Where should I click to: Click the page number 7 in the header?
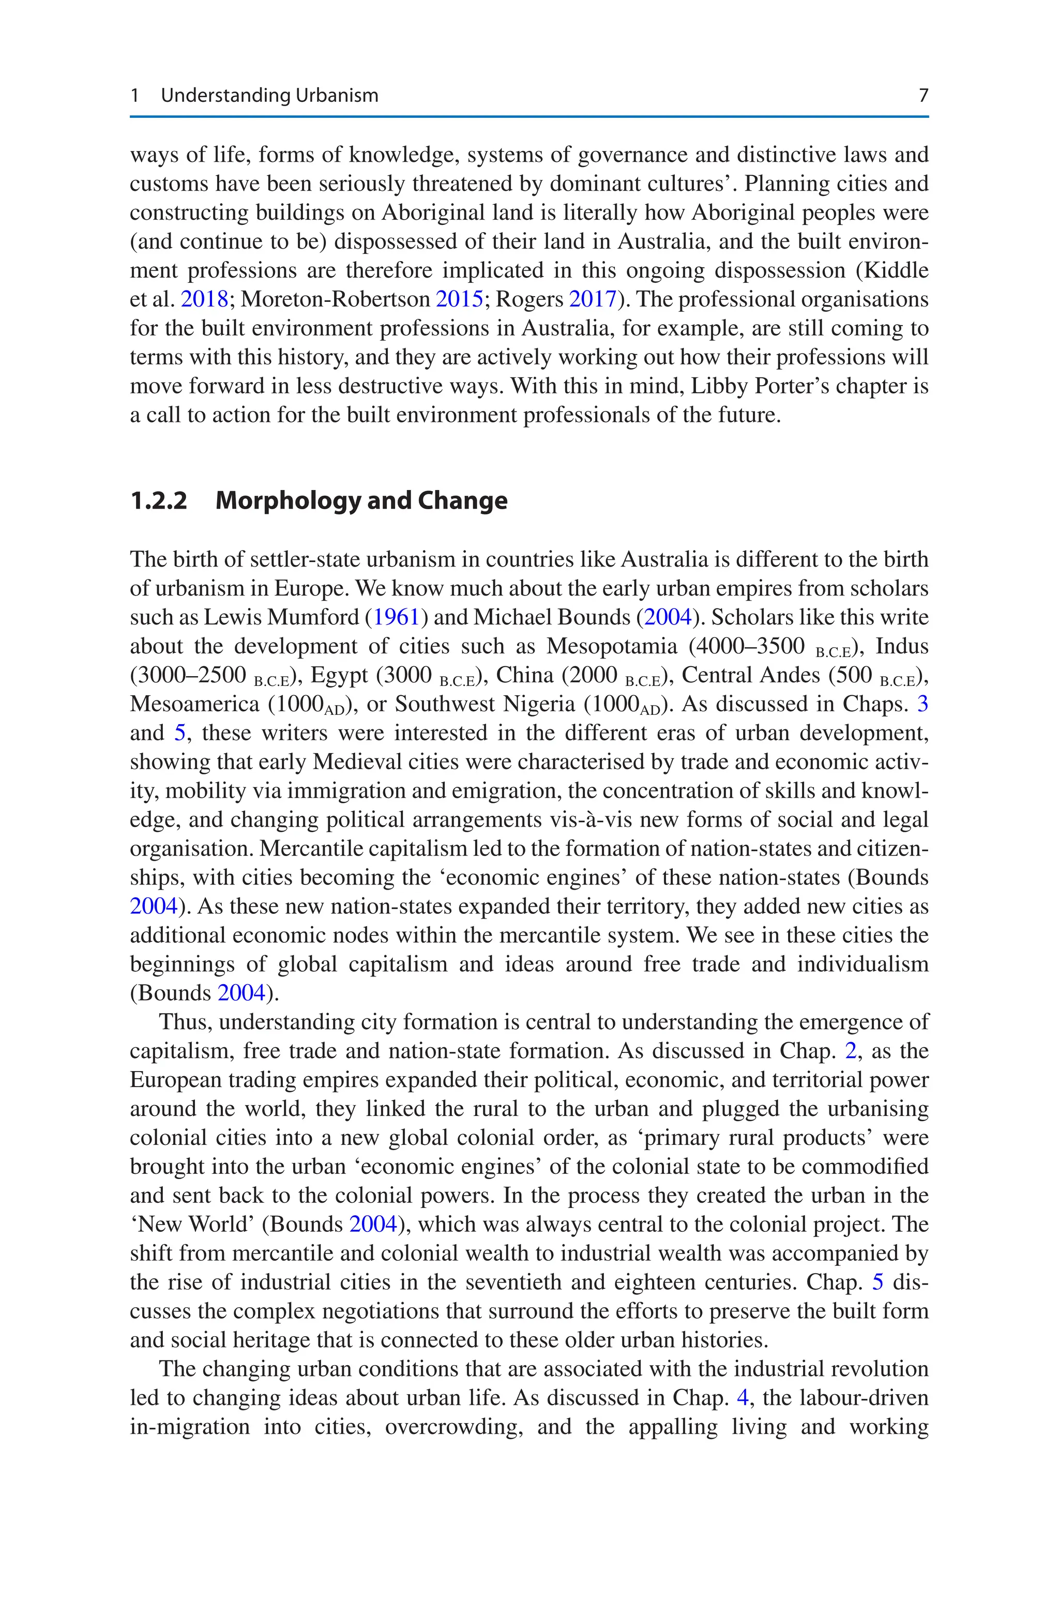pyautogui.click(x=923, y=95)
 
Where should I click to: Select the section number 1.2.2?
pyautogui.click(x=158, y=501)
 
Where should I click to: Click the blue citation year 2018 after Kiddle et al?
pyautogui.click(x=204, y=299)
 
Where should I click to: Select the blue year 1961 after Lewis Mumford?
pyautogui.click(x=397, y=617)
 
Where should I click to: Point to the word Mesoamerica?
pyautogui.click(x=194, y=704)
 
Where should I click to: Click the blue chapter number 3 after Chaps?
pyautogui.click(x=922, y=704)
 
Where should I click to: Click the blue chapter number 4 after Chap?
pyautogui.click(x=742, y=1398)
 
